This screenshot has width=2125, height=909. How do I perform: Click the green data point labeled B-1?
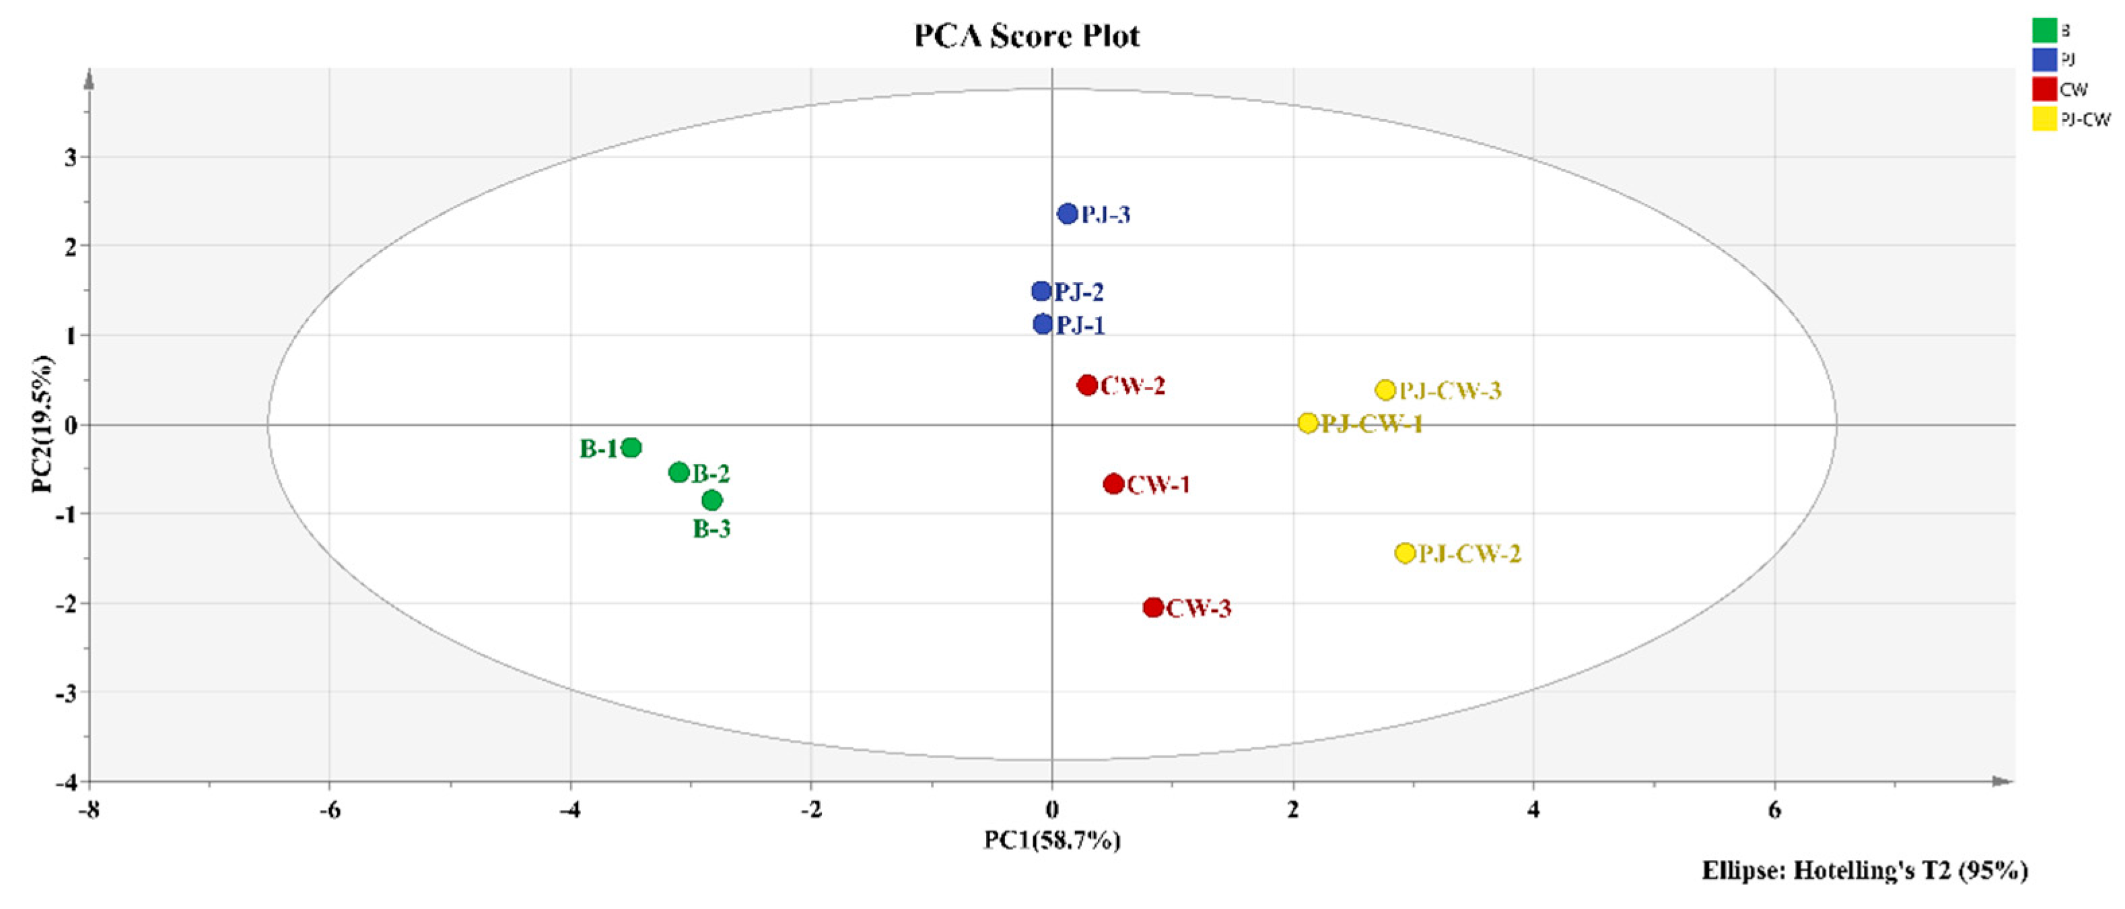[x=631, y=448]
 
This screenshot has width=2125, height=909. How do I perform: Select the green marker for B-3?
[x=712, y=500]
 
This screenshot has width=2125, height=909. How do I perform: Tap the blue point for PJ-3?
[x=1068, y=213]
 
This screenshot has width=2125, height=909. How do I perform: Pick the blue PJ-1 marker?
[x=1043, y=324]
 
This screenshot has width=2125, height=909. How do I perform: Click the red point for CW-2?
[x=1087, y=384]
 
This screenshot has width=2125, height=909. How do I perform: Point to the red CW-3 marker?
[x=1153, y=608]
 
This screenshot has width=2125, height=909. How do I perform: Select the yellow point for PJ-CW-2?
[x=1405, y=553]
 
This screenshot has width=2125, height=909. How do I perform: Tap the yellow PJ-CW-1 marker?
[x=1307, y=423]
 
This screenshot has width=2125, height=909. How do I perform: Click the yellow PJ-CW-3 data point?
[x=1385, y=390]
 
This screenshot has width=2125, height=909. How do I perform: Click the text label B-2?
[x=711, y=474]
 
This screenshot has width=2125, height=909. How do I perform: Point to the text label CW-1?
[x=1158, y=485]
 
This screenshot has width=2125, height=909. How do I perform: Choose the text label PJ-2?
[x=1079, y=292]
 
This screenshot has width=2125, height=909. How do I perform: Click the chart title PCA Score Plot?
[x=1027, y=36]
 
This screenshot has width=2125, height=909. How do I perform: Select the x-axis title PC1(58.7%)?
[x=1052, y=840]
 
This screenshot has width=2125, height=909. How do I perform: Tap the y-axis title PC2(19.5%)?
[x=43, y=424]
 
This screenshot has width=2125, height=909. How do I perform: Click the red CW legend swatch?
[x=2044, y=89]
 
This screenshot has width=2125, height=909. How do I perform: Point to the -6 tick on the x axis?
[x=329, y=811]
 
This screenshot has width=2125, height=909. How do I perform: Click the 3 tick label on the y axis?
[x=71, y=157]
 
